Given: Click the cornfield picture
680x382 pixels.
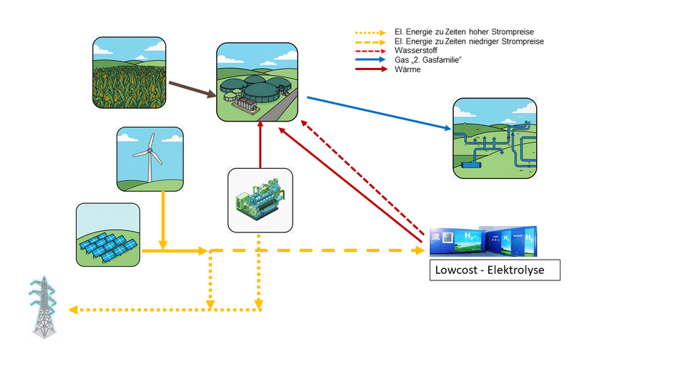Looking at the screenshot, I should [x=130, y=73].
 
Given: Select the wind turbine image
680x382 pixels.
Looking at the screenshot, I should [x=150, y=160].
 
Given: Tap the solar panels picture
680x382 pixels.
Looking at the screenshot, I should [x=108, y=235].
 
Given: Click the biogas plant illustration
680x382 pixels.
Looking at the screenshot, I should [x=258, y=82].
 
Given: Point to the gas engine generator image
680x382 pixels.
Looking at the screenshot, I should [x=260, y=200].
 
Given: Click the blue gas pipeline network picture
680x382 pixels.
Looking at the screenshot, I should [x=495, y=138].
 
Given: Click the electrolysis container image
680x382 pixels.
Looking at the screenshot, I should [x=483, y=242].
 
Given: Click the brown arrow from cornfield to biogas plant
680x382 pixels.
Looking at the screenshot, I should [x=193, y=89].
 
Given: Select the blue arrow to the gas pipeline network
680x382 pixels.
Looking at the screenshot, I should [x=379, y=114].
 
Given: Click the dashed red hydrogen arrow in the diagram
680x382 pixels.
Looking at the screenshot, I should [x=365, y=177].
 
